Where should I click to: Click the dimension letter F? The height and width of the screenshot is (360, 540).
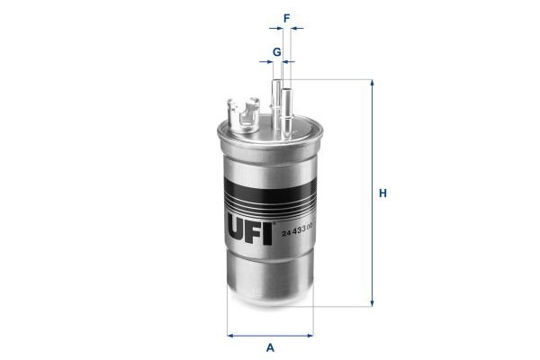(285, 16)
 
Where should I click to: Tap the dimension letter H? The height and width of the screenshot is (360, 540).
(382, 193)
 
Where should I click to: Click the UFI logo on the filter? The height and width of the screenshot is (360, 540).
(249, 218)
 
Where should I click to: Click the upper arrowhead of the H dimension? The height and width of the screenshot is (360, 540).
(371, 83)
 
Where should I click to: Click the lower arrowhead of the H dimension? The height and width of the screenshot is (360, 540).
(371, 303)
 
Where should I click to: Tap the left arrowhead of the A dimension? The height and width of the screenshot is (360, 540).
(231, 335)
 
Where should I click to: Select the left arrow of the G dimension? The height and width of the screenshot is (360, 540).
(267, 63)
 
